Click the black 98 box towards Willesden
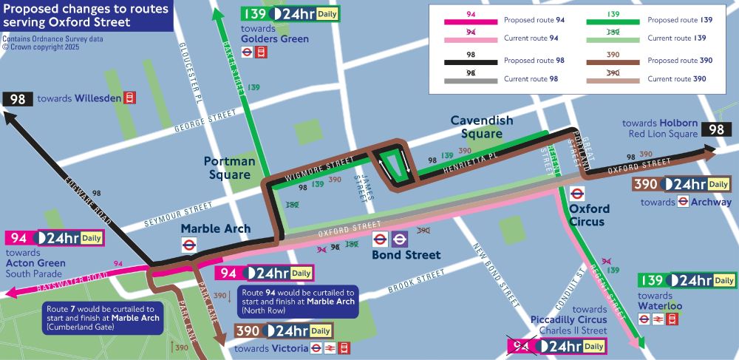coord(17,98)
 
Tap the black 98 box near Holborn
coord(716,129)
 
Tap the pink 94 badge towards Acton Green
coord(19,238)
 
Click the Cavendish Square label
coord(481,127)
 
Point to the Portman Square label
coord(230,168)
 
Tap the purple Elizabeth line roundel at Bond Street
coord(400,239)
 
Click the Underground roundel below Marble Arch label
coord(189,245)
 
